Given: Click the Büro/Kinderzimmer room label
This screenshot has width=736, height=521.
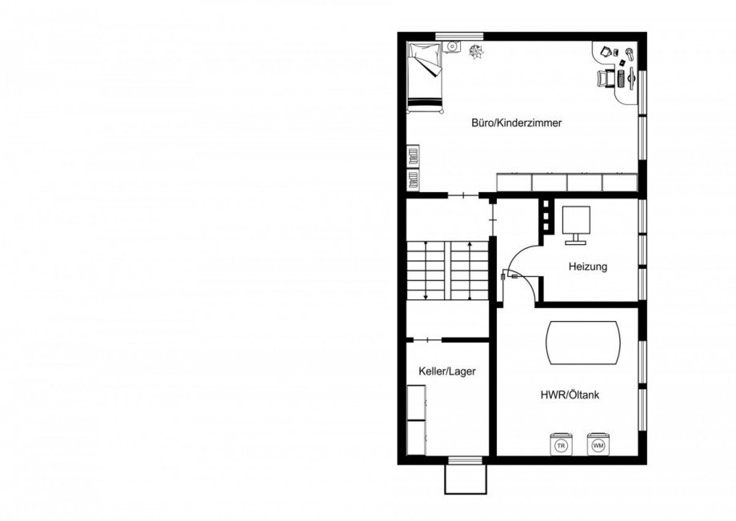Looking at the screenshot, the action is tap(516, 123).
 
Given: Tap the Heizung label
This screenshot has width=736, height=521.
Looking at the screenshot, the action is tap(588, 267).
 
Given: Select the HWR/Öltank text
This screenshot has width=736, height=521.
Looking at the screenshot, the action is tap(570, 395).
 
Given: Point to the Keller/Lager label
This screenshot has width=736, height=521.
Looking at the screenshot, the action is tap(447, 371).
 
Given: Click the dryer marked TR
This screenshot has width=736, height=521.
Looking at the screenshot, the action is tap(561, 444).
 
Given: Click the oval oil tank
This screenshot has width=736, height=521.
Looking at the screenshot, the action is tap(583, 343).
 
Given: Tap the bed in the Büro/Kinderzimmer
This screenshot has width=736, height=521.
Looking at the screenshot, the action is tap(425, 78).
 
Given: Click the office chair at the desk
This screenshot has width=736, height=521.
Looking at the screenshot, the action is tap(605, 78).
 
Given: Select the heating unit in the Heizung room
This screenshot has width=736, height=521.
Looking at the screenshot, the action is tap(576, 224).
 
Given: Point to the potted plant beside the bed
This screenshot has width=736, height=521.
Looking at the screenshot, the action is tap(475, 52).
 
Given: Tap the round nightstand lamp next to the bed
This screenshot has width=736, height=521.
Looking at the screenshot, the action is tap(452, 46).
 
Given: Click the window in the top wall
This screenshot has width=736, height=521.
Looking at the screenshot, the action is tap(458, 36).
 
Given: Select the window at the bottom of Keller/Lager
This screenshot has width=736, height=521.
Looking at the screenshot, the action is tap(465, 460).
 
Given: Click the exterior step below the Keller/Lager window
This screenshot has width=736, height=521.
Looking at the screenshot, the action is tap(465, 479).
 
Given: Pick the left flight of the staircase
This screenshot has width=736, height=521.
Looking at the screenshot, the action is tap(425, 271).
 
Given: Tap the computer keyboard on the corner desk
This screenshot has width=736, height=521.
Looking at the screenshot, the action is tap(621, 78).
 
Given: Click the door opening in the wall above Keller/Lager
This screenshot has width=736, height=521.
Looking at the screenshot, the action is tap(428, 339).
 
